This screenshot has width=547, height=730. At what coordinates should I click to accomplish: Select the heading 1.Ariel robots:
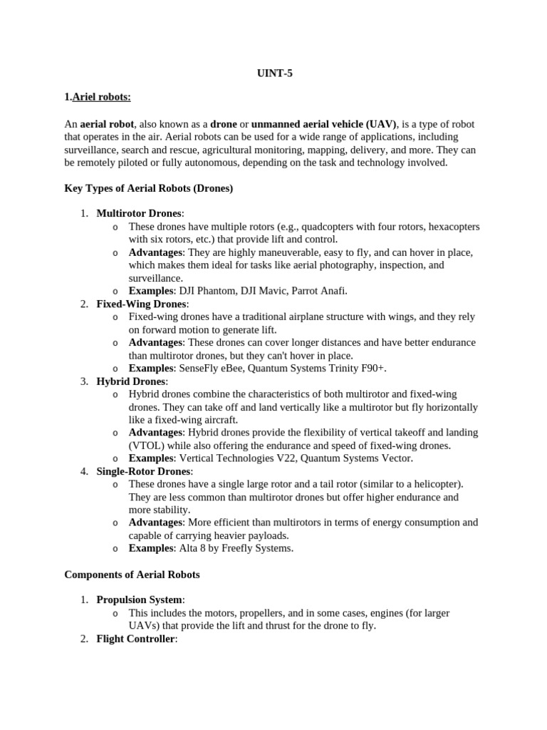click(98, 98)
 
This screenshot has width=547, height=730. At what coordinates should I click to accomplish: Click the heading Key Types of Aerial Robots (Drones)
click(149, 188)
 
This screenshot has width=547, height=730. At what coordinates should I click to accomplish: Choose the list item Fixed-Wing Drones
click(141, 304)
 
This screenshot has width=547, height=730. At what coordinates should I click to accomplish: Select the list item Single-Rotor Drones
click(144, 471)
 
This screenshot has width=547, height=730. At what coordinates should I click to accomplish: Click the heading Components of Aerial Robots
click(132, 574)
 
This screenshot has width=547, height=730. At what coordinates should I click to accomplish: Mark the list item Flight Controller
click(135, 639)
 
